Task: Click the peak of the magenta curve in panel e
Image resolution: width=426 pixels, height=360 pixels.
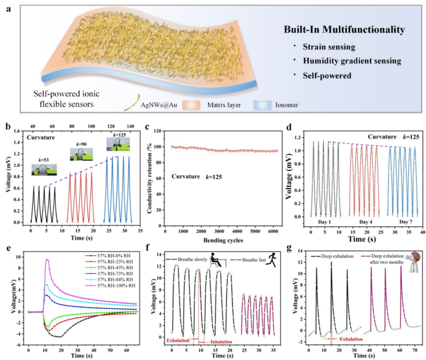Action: [47, 260]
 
